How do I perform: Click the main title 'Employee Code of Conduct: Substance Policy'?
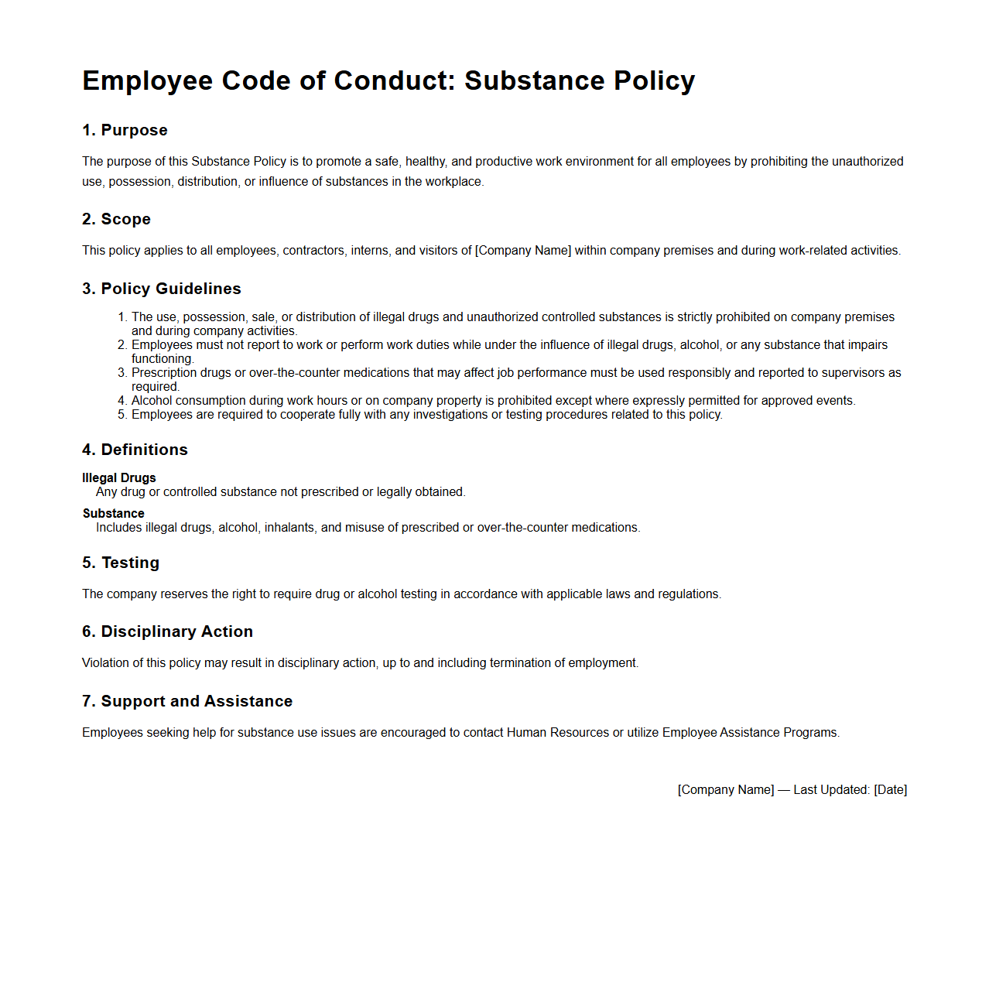coord(388,81)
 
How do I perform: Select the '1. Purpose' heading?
coord(125,130)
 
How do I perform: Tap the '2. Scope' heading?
coord(116,219)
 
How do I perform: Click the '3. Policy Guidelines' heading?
coord(162,289)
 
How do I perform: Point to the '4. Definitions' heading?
coord(135,450)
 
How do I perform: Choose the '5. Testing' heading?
coord(121,563)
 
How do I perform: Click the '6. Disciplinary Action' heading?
coord(167,631)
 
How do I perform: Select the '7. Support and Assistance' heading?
coord(187,701)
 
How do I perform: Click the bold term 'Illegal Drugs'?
coord(119,478)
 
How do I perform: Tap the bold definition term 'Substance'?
coord(114,514)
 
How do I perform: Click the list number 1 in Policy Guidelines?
coord(121,317)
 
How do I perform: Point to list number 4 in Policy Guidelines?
coord(121,401)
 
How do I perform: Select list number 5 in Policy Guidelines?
coord(121,415)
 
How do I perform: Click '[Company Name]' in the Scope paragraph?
coord(523,251)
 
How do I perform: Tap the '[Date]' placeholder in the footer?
coord(890,790)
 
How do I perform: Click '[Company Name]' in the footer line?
coord(726,790)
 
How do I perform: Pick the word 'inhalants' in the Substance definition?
coord(289,528)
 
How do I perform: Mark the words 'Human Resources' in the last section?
coord(558,733)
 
